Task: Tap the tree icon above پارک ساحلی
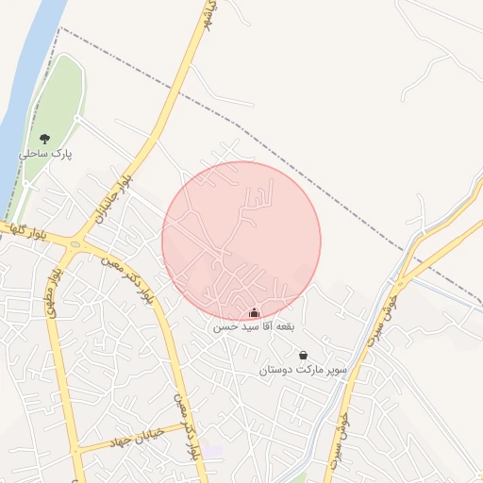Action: click(x=43, y=139)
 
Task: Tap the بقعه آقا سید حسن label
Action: click(x=252, y=326)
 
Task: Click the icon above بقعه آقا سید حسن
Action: click(x=253, y=312)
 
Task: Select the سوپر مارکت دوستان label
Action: click(x=303, y=371)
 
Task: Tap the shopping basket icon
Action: click(x=303, y=356)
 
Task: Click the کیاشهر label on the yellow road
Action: click(x=208, y=21)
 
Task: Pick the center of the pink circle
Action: click(x=241, y=240)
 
